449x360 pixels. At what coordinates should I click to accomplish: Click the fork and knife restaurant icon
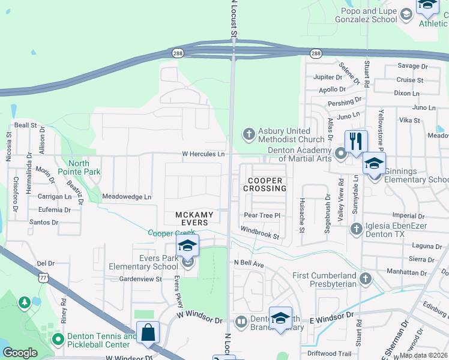(x=356, y=142)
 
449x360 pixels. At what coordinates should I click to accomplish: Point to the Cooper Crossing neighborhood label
(x=265, y=184)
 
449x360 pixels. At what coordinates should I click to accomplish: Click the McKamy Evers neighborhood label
(x=191, y=219)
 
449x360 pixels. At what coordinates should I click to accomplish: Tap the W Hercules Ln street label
(x=203, y=154)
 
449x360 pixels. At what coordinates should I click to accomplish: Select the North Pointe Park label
(x=79, y=167)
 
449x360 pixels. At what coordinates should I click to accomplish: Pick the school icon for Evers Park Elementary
(x=187, y=246)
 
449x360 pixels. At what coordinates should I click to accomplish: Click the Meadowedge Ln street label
(x=127, y=196)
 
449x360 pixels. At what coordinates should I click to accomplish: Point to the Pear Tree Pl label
(x=262, y=215)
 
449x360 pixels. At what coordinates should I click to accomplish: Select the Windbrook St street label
(x=260, y=232)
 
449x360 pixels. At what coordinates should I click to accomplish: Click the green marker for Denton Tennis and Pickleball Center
(x=58, y=340)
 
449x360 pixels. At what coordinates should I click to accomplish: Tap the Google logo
(x=20, y=353)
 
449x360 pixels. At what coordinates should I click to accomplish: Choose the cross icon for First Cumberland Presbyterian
(x=366, y=278)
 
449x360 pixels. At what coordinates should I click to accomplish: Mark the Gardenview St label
(x=142, y=279)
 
